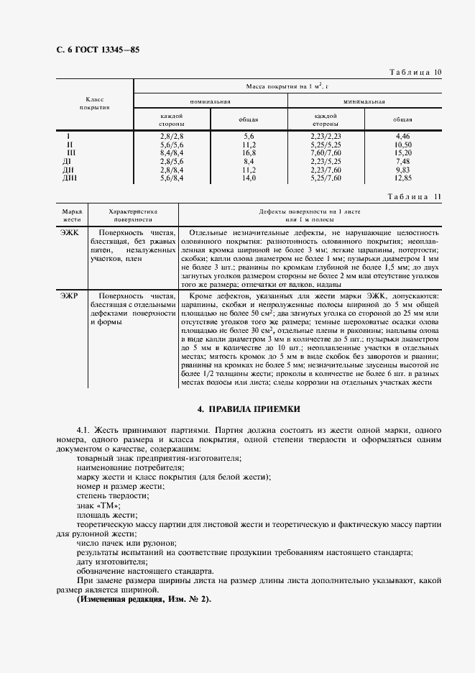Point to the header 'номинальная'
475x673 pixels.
tap(210, 101)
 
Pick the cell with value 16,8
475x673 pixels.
tap(249, 153)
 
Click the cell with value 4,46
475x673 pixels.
tap(402, 136)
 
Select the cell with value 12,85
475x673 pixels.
tap(402, 178)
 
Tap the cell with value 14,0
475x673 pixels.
tap(249, 178)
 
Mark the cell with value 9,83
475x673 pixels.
tap(402, 170)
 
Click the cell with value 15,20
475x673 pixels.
tap(402, 153)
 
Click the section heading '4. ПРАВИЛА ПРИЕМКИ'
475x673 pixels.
tap(254, 408)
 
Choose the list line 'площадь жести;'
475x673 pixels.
tap(106, 515)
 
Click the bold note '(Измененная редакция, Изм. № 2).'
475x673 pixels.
tap(144, 599)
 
